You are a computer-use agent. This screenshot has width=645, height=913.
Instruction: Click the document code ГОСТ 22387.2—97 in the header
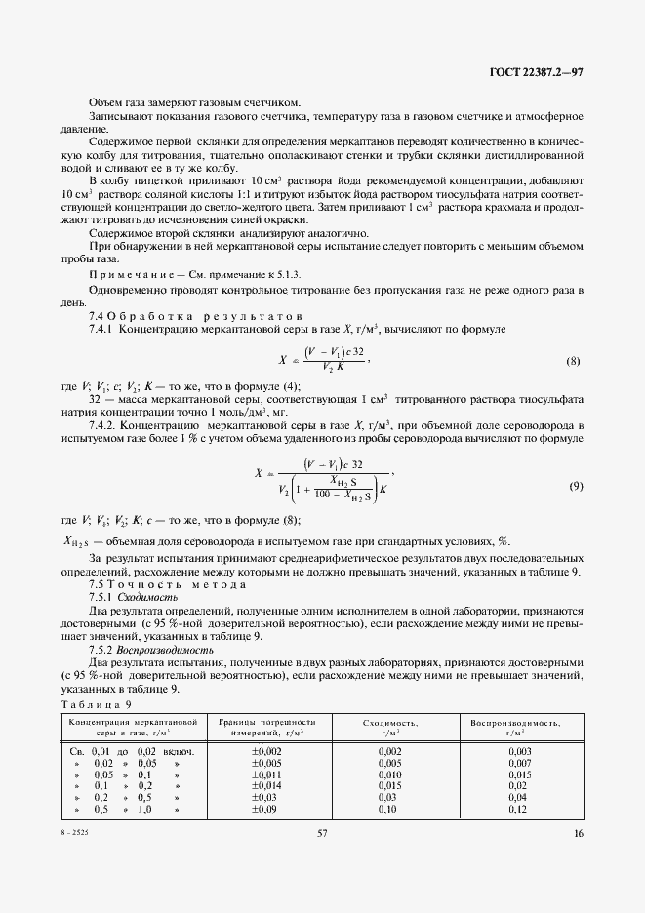pyautogui.click(x=536, y=72)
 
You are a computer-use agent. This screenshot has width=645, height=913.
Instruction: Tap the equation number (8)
pyautogui.click(x=574, y=361)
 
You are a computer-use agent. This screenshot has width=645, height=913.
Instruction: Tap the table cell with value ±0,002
pyautogui.click(x=266, y=751)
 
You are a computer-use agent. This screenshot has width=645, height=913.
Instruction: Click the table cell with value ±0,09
pyautogui.click(x=264, y=810)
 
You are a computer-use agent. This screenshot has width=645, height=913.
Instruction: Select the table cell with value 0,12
pyautogui.click(x=517, y=810)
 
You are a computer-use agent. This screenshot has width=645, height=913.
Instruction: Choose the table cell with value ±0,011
pyautogui.click(x=266, y=774)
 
